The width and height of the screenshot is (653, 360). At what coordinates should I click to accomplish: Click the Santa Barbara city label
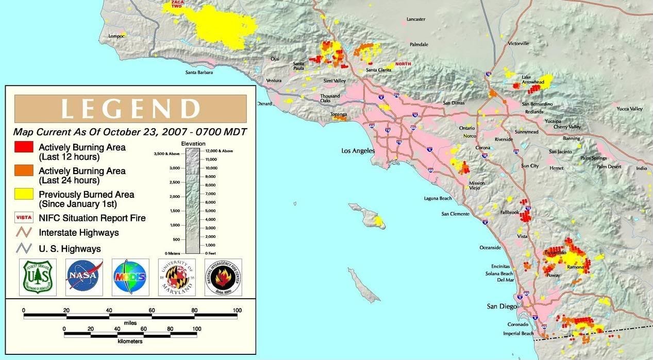(199, 73)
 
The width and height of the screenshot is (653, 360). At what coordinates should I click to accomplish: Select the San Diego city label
(501, 306)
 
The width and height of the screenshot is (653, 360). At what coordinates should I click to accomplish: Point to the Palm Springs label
(593, 158)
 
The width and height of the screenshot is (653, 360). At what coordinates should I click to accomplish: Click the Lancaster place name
(416, 19)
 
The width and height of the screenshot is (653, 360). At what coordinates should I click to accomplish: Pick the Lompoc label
(116, 36)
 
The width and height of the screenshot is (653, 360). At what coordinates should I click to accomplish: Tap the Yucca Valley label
(629, 109)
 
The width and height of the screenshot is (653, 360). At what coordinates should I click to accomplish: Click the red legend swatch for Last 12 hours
(24, 147)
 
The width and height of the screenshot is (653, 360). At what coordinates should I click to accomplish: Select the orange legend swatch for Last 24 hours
(24, 170)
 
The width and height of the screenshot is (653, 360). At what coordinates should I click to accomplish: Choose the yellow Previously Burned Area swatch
(24, 194)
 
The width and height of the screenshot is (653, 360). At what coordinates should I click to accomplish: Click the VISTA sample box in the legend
(24, 217)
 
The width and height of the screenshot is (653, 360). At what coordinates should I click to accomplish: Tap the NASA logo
(83, 277)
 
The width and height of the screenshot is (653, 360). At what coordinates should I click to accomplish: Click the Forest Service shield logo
(38, 277)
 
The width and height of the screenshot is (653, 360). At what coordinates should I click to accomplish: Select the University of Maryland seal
(177, 277)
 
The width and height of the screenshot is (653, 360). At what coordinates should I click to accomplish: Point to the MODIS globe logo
(130, 277)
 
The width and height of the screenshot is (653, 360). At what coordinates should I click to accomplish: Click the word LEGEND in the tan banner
(130, 109)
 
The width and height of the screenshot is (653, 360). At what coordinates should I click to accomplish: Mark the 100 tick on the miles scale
(237, 310)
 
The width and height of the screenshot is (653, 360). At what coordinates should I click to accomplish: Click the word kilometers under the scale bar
(130, 341)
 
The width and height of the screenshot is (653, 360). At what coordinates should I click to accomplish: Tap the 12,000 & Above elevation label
(220, 151)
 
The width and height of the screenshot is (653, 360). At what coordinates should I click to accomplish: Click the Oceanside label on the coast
(490, 248)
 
